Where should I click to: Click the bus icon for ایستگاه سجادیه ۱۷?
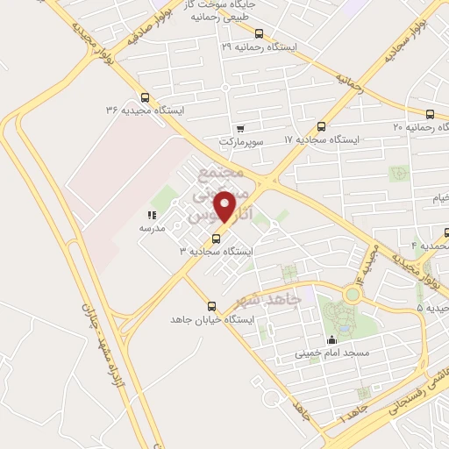pos(321,126)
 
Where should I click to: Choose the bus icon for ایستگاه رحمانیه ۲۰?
pos(430,115)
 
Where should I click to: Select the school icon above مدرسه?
pos(152,214)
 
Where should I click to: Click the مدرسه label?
pos(152,227)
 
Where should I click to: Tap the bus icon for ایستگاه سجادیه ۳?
pos(213,239)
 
